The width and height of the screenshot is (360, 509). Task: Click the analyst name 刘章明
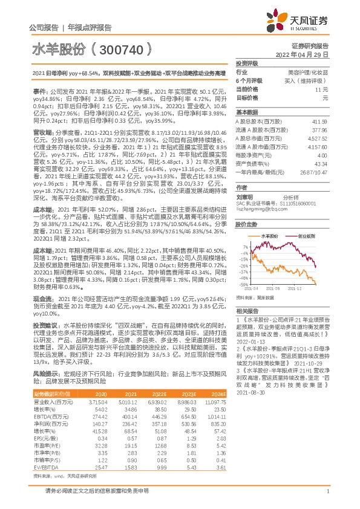[x=244, y=180]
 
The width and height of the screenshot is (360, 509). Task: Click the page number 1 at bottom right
[x=327, y=497]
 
